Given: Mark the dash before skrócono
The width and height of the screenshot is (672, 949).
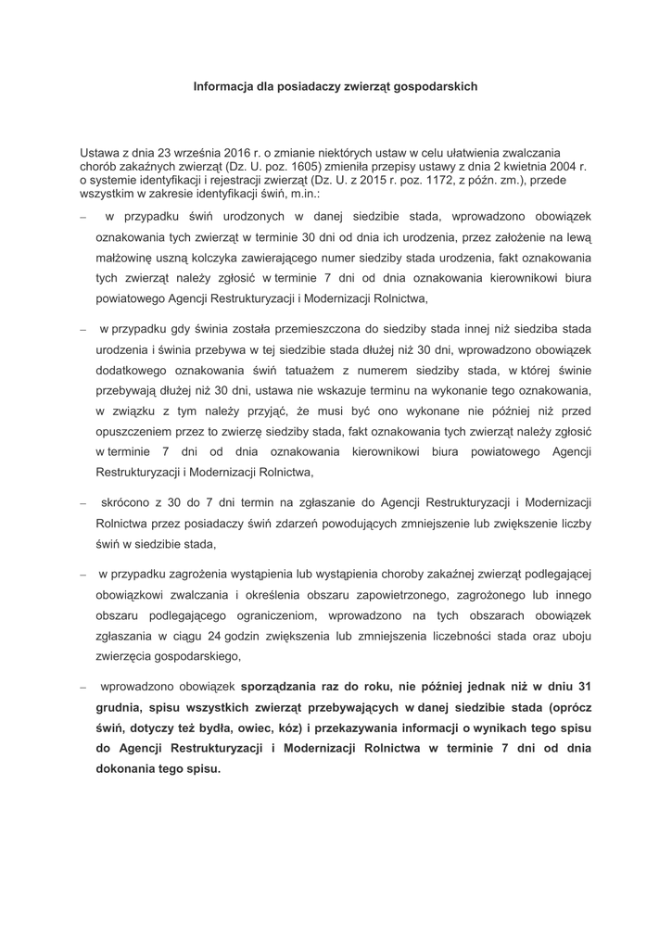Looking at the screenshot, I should pyautogui.click(x=82, y=503).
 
